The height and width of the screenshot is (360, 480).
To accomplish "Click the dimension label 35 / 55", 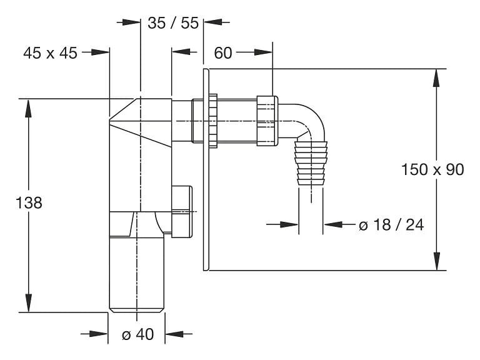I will pos(173,23).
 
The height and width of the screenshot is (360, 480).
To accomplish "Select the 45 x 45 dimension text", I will pos(50,53).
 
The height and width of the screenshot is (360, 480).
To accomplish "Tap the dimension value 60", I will pos(223,53).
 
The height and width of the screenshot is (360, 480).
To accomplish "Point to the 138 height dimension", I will pos(29,203).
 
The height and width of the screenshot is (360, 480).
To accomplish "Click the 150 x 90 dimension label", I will pos(432,169).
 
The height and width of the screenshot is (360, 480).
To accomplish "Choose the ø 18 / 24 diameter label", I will pos(391,225).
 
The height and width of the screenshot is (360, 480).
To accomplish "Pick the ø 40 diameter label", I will pos(137,334).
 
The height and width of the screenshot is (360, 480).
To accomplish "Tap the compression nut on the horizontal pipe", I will pos(267,120).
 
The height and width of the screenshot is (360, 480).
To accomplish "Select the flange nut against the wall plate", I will pos(213,121).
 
